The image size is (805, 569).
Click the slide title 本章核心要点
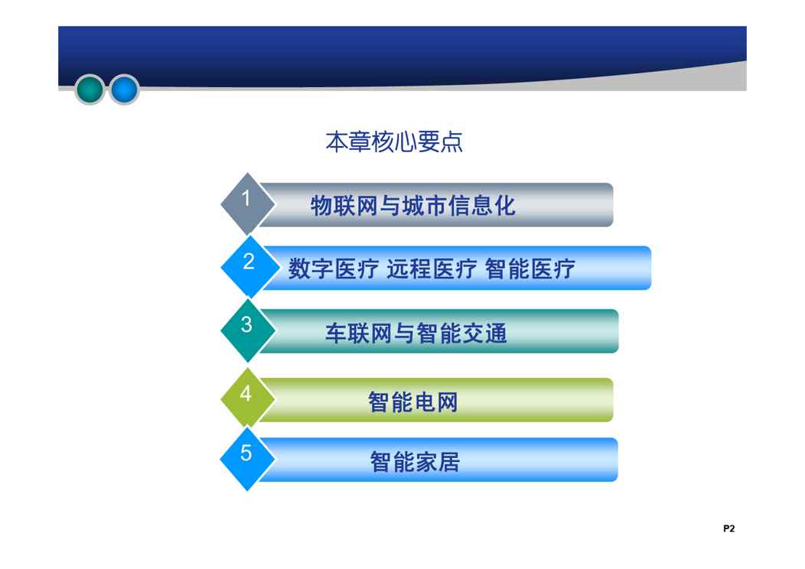(394, 142)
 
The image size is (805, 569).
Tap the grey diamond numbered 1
(247, 203)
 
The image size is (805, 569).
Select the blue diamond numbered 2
(249, 267)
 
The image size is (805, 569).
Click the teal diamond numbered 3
(248, 330)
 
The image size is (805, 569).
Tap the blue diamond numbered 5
(247, 459)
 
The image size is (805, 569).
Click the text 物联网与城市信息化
(412, 206)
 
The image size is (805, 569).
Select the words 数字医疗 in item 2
(333, 269)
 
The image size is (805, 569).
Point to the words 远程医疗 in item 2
(432, 269)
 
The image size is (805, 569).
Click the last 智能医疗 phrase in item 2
(530, 269)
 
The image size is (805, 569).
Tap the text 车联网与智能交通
(416, 333)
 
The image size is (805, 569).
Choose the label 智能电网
(412, 402)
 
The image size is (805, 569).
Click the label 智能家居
(415, 461)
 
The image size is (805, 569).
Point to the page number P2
(729, 528)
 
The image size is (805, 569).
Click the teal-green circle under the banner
(90, 89)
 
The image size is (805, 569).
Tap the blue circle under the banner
(124, 89)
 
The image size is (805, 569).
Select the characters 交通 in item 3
(484, 333)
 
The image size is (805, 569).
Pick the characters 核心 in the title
(394, 142)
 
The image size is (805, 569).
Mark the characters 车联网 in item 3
(359, 333)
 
